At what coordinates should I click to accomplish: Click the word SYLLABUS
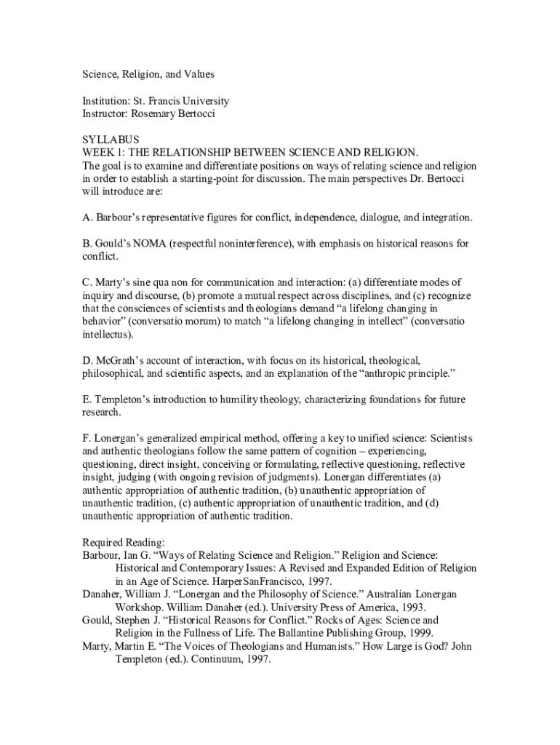[x=110, y=139]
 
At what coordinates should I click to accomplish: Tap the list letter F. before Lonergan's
[x=87, y=438]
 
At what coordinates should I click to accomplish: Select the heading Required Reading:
[x=123, y=542]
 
